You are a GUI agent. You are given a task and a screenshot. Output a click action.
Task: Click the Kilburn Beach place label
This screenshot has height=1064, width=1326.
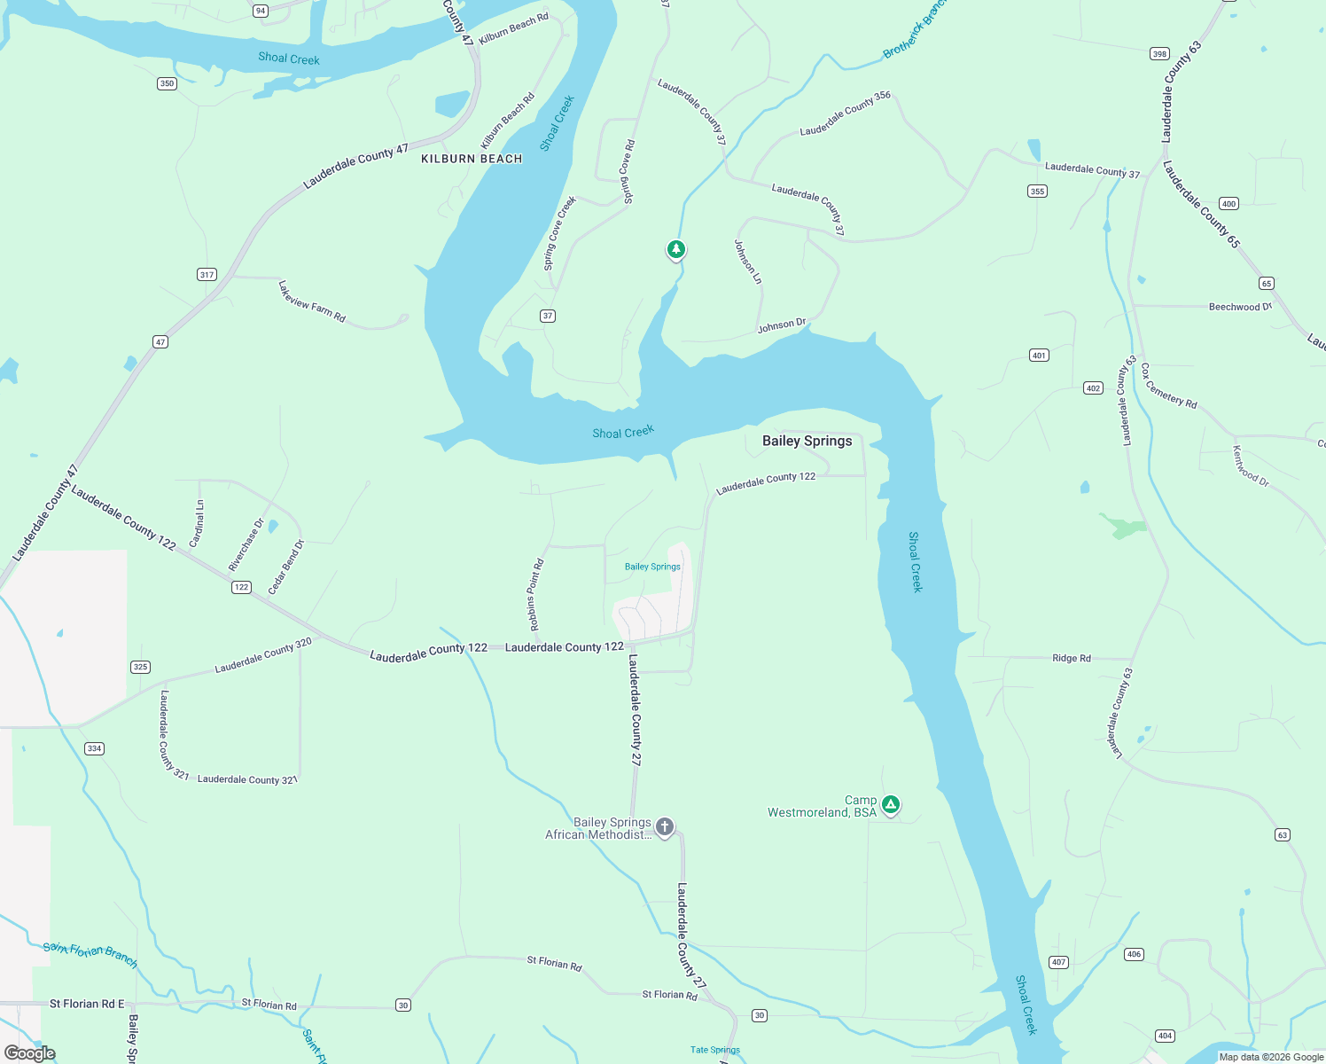[472, 159]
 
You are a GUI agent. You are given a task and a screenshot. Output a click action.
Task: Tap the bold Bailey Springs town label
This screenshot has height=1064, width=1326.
[807, 441]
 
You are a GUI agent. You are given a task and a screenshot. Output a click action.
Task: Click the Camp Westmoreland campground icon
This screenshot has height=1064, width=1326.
[891, 804]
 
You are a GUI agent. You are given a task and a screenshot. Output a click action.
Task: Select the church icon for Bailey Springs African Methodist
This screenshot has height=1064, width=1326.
[665, 827]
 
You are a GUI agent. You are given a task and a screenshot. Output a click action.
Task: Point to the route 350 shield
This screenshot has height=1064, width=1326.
[167, 83]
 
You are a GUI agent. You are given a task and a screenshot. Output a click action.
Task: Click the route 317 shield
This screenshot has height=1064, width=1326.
[207, 274]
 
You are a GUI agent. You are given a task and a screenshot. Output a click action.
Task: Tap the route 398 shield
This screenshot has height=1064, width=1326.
[1159, 54]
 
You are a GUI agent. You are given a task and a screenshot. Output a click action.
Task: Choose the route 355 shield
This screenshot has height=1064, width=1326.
[1037, 191]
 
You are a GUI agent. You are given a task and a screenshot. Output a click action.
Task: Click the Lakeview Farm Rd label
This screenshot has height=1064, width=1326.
[311, 301]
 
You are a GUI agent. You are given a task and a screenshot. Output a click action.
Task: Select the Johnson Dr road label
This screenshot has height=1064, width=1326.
[781, 325]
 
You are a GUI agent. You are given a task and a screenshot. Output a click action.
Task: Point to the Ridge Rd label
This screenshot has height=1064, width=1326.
[1071, 658]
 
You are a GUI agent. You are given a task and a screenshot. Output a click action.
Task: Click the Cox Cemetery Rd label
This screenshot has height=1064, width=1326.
[1169, 386]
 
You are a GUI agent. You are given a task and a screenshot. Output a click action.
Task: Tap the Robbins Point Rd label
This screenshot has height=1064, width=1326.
[535, 595]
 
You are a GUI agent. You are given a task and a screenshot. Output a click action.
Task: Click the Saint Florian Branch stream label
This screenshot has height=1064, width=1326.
[90, 954]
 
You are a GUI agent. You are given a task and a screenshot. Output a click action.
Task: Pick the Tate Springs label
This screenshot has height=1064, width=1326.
[714, 1050]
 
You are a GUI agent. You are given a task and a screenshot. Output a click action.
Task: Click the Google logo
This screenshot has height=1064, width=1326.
[30, 1053]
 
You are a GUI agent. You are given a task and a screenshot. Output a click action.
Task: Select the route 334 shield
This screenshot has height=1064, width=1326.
[94, 748]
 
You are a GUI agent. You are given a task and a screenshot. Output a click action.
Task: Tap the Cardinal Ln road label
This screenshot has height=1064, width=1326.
[198, 523]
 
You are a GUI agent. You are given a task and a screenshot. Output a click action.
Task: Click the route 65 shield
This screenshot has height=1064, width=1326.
[1267, 284]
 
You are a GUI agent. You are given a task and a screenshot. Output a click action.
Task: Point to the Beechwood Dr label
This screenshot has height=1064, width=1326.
[1240, 307]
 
